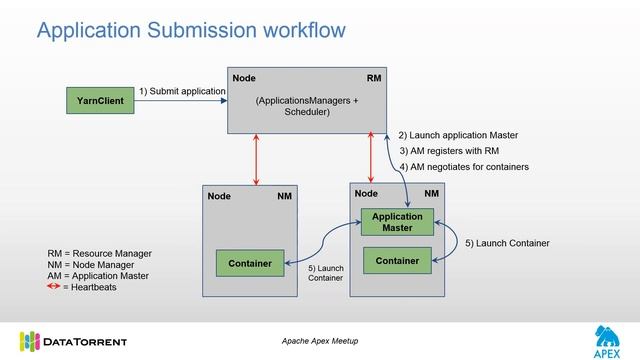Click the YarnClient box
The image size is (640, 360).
coord(100,100)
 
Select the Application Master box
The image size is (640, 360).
coord(397,222)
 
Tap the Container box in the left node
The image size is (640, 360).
coord(250,263)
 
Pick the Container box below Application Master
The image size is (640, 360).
coord(397,261)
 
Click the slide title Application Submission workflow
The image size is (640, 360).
coord(191,31)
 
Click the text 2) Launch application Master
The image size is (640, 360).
coord(458,135)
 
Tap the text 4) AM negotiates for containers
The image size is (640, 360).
coord(464,166)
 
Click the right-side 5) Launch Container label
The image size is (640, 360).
coord(507,243)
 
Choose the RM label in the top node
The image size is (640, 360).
coord(374,78)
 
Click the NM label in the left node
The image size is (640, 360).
coord(285,196)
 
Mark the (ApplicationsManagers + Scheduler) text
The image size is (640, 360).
coord(306,106)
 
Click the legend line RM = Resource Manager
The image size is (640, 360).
coord(99,253)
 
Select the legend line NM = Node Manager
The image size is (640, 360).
coord(92,264)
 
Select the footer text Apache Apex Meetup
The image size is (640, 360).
coord(320,341)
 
